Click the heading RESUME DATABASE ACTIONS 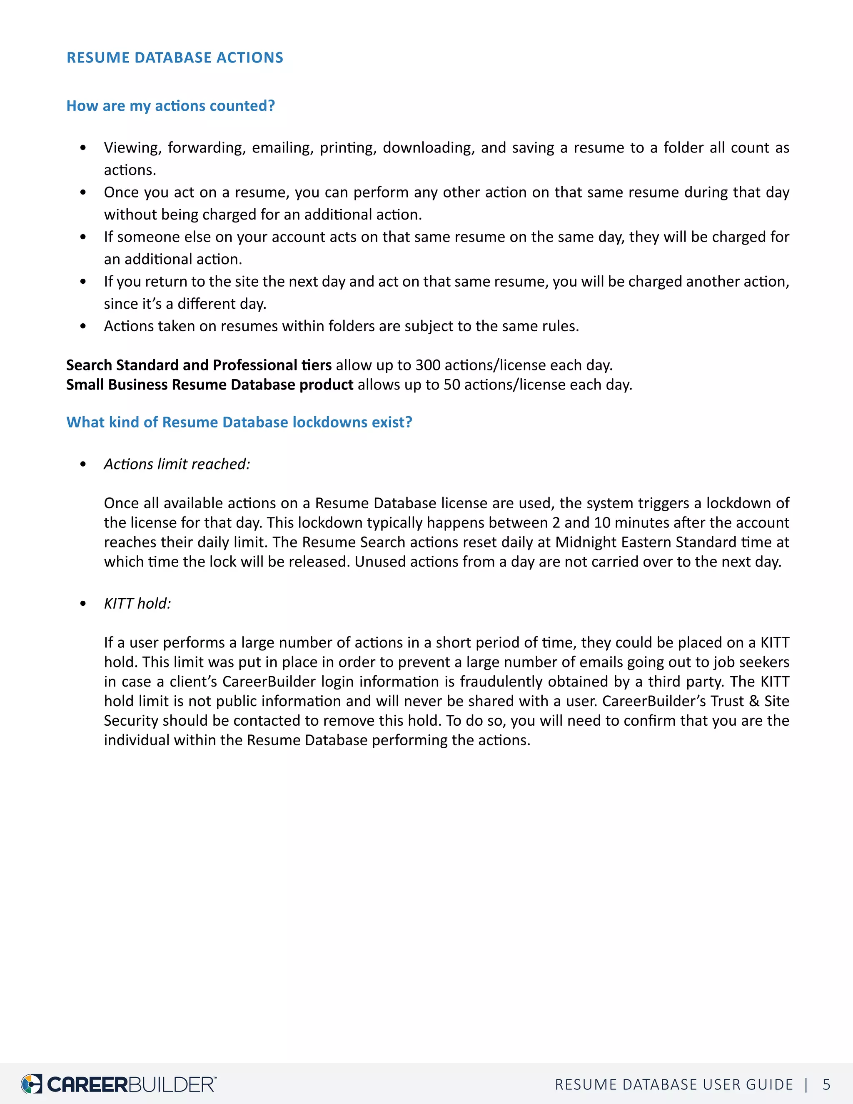(x=175, y=57)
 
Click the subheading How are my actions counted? (x=170, y=106)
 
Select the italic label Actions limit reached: (x=177, y=464)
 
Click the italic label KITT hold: (x=137, y=604)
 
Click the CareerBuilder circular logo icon (x=31, y=1084)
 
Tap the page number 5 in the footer (x=826, y=1084)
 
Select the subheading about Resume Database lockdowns (x=239, y=422)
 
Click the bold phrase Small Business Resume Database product (x=210, y=385)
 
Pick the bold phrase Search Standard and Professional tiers (x=199, y=365)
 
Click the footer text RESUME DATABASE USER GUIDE (x=673, y=1084)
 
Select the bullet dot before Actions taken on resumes (x=83, y=326)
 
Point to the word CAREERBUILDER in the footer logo (x=131, y=1084)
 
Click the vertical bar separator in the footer (x=806, y=1084)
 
